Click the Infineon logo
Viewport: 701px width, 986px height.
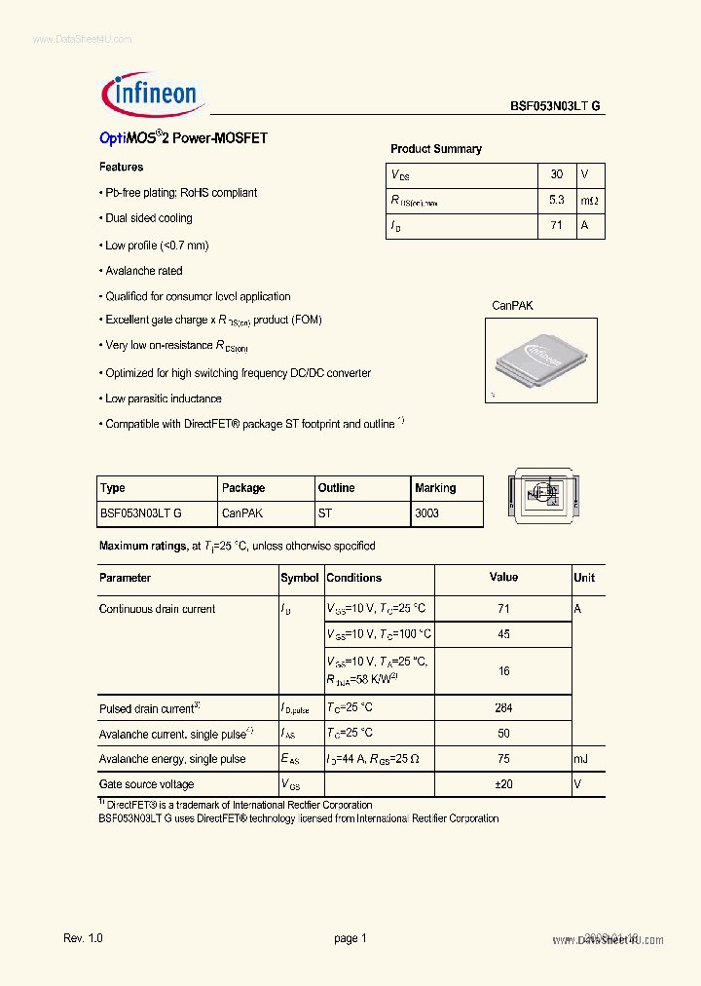[151, 94]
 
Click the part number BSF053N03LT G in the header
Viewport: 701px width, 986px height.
[555, 107]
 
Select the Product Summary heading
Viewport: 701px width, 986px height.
[436, 149]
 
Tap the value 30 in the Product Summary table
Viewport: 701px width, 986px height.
[556, 174]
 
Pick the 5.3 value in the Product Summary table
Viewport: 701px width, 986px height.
[556, 200]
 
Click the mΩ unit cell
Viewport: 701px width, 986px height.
[590, 200]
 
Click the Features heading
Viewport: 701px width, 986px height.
[122, 168]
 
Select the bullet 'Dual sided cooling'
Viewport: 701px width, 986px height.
[149, 218]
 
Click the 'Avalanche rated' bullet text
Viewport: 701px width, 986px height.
[144, 271]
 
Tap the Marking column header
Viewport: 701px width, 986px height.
[435, 488]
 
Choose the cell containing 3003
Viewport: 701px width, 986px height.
[426, 512]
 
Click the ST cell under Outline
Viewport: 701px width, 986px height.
[324, 512]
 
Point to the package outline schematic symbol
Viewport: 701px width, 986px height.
[543, 494]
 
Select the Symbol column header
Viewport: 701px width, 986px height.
[300, 578]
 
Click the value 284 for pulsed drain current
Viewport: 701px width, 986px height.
[503, 708]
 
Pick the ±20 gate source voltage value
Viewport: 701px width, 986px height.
[503, 784]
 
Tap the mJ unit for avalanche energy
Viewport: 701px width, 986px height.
[581, 759]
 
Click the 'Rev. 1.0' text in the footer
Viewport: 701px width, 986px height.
[83, 937]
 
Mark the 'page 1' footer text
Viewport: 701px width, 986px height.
[350, 937]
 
